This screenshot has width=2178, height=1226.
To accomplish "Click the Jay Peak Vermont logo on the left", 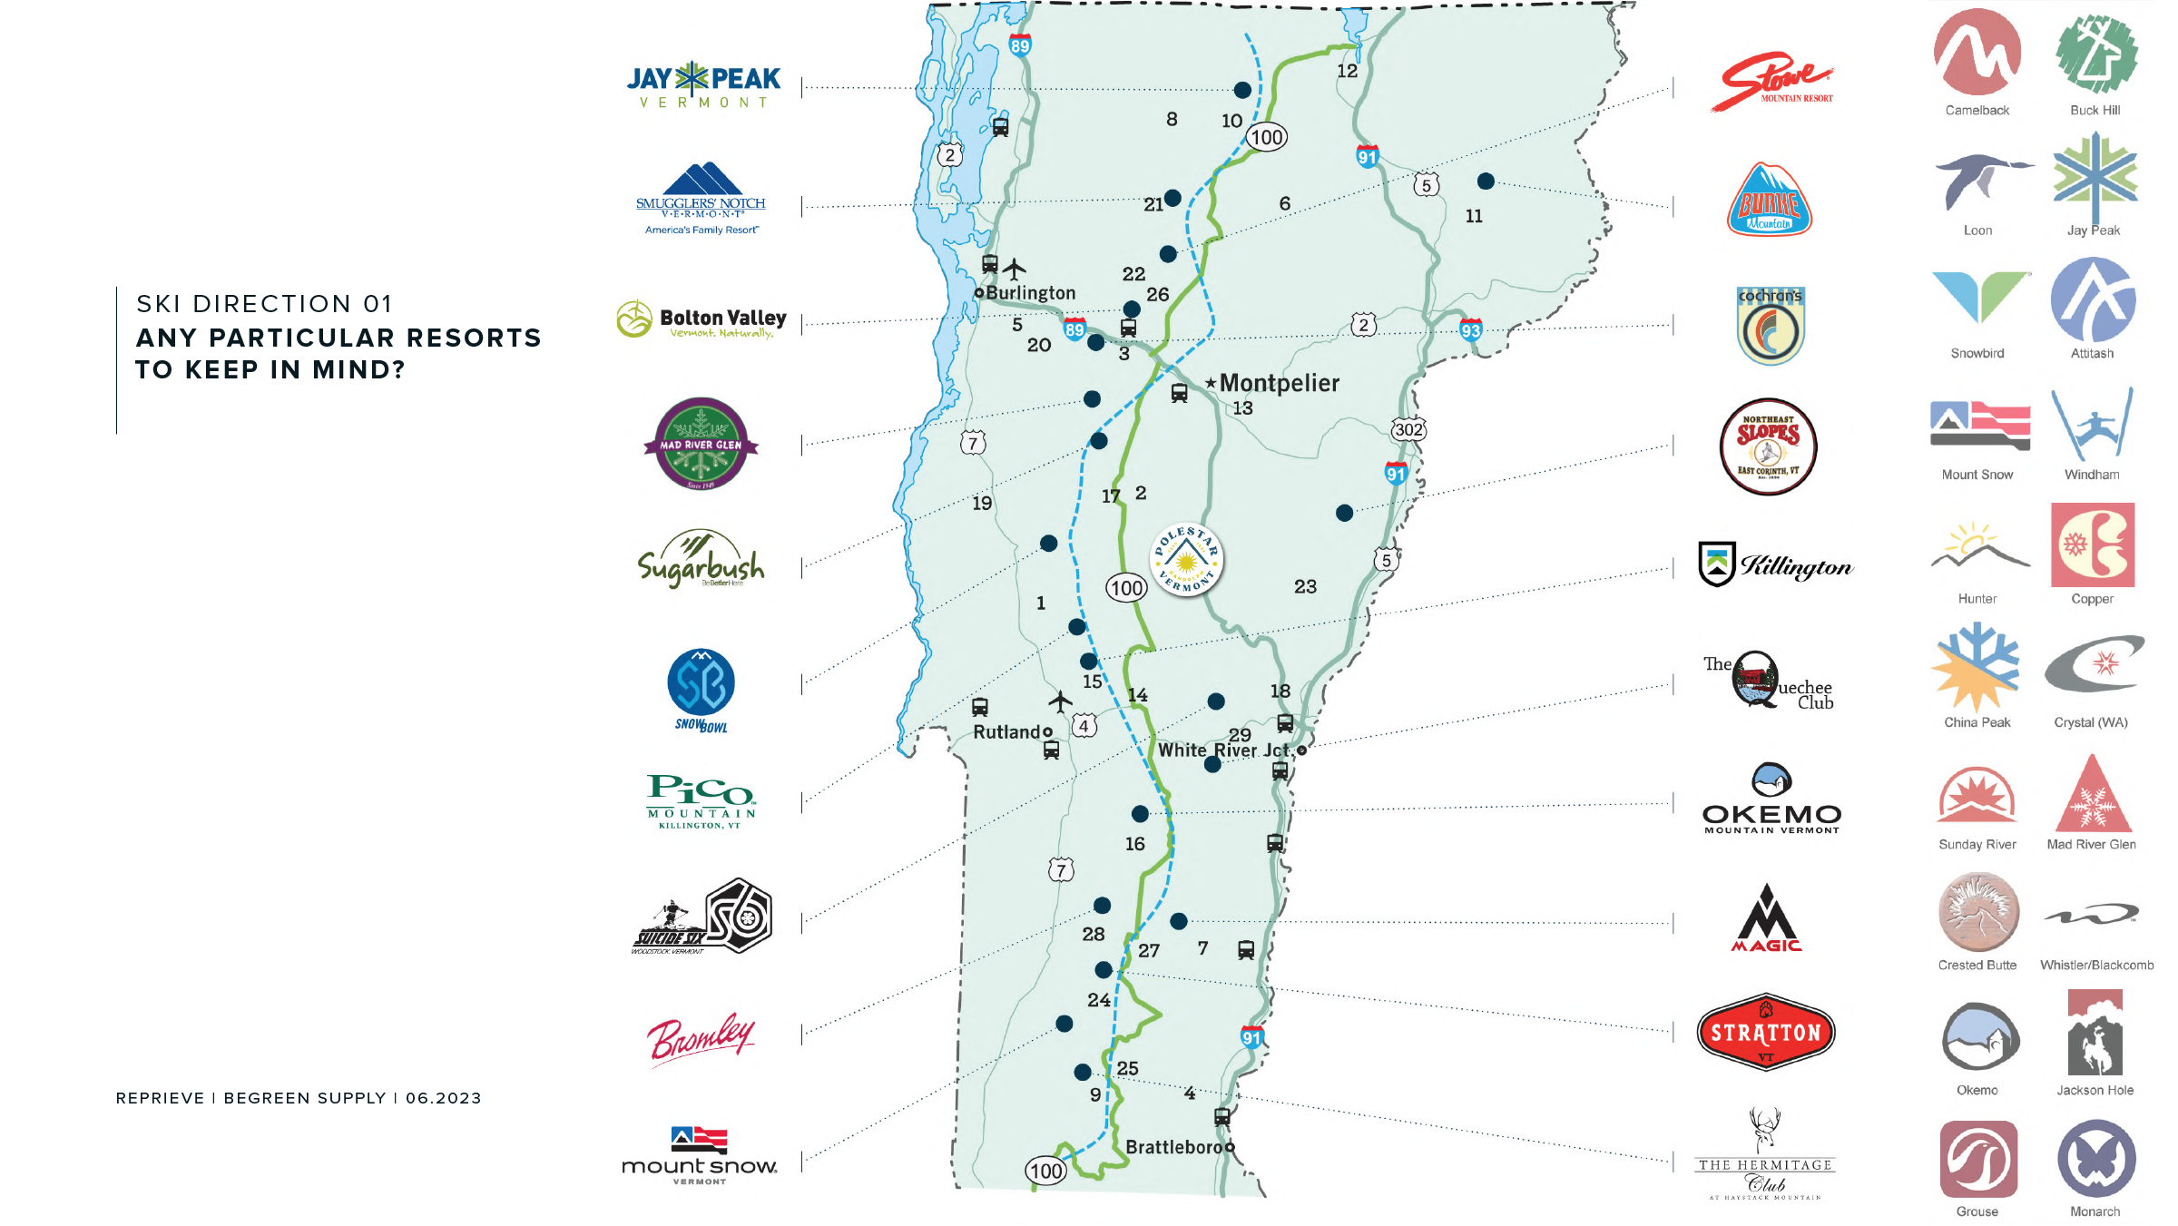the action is point(703,85).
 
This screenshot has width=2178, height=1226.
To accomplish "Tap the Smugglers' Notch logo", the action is point(701,199).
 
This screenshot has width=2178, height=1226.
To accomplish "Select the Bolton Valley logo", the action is point(701,319).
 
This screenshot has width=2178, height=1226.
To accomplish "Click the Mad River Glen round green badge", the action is point(701,444).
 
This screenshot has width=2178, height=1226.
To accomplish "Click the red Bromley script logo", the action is point(701,1037).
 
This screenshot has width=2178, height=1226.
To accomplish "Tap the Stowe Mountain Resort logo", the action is point(1772,83).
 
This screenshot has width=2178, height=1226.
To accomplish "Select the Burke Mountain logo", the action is point(1769,201).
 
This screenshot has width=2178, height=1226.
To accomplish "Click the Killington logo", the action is point(1775,565).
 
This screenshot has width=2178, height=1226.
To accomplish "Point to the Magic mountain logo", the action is point(1766,919).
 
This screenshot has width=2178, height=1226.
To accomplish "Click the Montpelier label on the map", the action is point(1279,383).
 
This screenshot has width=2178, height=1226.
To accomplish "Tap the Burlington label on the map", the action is point(1030,293).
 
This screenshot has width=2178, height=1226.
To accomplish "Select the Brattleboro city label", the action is point(1174,1147).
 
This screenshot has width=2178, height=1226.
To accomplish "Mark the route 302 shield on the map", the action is point(1408,429).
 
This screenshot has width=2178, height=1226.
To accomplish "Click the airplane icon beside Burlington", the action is point(1015,269).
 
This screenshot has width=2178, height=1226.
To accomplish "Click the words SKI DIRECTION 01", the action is point(264,304).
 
